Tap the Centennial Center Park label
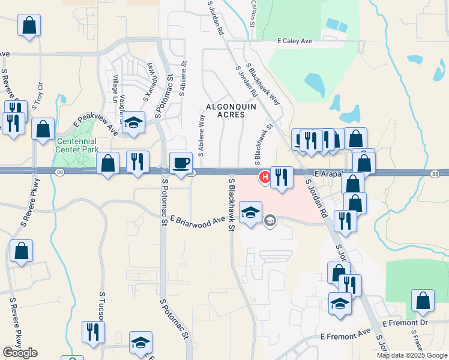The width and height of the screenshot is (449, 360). point(77,145)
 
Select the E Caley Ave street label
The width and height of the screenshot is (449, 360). point(295,41)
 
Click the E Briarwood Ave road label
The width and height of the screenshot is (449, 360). point(197,220)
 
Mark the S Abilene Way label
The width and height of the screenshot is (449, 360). point(202,136)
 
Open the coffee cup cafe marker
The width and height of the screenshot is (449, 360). point(181,163)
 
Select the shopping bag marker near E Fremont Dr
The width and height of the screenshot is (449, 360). point(423,301)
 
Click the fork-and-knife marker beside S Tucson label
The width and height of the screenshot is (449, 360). point(93,331)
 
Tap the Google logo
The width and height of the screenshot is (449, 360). point(20,353)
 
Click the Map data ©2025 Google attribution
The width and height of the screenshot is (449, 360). point(412,355)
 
